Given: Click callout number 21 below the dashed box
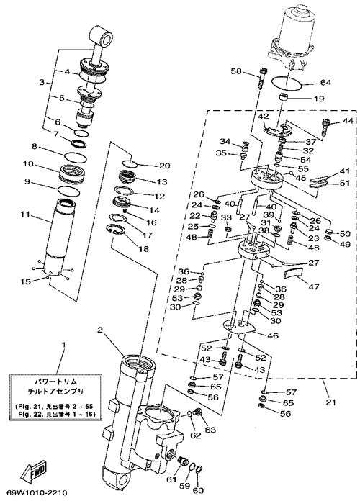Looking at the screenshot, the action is tap(331, 402).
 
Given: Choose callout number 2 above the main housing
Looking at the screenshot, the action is tap(100, 330).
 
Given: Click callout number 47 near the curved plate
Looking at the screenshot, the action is tap(314, 287).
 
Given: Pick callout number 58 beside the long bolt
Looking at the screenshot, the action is tap(237, 71).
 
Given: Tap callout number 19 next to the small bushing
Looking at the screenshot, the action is tap(319, 99).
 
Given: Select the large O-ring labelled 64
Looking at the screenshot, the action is tap(287, 83).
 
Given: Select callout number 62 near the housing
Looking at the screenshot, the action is tap(196, 435).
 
